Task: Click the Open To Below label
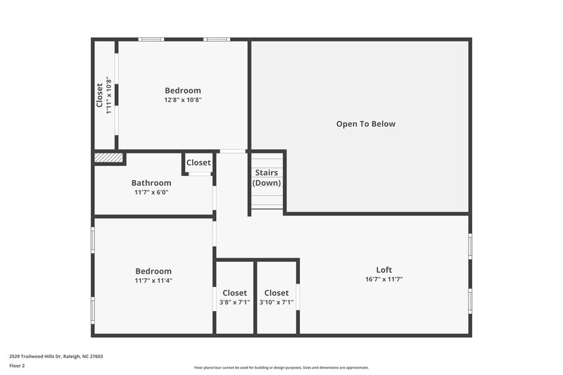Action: tap(365, 124)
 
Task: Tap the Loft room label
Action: tap(384, 269)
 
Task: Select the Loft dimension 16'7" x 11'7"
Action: tap(384, 279)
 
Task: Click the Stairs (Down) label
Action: tap(266, 177)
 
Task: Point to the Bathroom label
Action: tap(151, 183)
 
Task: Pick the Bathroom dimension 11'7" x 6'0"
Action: tap(151, 192)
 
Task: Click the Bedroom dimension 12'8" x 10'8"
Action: tap(183, 100)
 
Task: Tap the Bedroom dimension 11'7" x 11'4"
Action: tap(153, 281)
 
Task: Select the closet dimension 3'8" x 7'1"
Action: tap(234, 303)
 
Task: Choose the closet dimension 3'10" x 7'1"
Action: tap(277, 303)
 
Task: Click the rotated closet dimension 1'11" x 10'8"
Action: tap(109, 95)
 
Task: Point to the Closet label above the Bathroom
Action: tap(198, 163)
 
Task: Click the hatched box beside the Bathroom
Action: tap(108, 158)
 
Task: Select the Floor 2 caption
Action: tap(17, 366)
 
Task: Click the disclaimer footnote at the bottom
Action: tap(281, 367)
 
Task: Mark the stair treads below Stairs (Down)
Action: tap(267, 201)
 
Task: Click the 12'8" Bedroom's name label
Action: tap(183, 90)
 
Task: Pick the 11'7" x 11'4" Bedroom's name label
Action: tap(153, 271)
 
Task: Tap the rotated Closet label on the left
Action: tap(100, 95)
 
